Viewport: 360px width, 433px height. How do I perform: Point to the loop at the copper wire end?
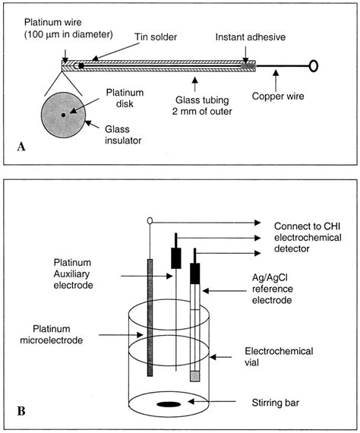pos(312,66)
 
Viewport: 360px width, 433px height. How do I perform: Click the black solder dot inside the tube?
pos(81,65)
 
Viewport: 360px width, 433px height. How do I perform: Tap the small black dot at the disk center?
pos(63,115)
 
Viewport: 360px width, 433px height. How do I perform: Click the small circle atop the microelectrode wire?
pos(150,221)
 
